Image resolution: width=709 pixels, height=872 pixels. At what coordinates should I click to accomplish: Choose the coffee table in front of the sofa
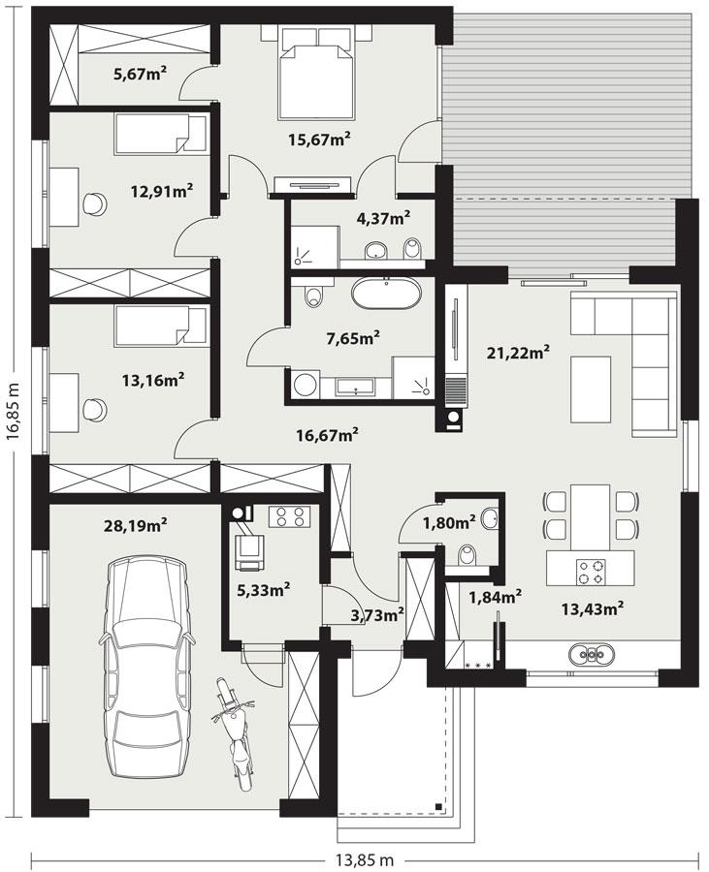tap(591, 389)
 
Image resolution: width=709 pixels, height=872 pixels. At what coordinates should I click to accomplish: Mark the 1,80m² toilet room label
tap(448, 523)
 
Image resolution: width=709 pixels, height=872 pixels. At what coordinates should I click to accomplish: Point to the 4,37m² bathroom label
tap(383, 218)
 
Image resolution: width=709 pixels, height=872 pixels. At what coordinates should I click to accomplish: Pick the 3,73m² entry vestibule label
tap(376, 614)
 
